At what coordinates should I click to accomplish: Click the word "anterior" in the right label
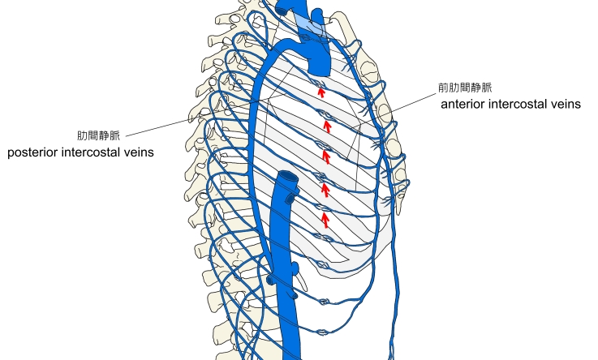tap(466, 105)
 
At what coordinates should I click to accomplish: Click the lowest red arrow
tap(325, 219)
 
